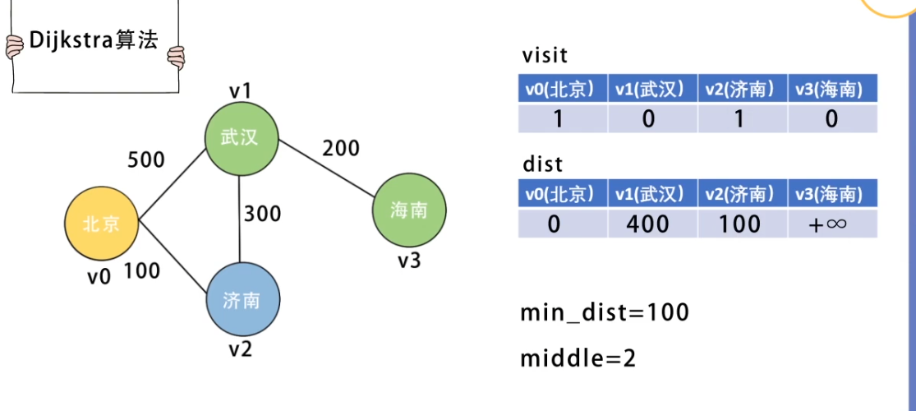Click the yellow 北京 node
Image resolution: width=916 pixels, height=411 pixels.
(x=102, y=224)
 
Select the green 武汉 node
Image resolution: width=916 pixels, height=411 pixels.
(x=240, y=137)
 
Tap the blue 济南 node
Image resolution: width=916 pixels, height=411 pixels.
(x=241, y=300)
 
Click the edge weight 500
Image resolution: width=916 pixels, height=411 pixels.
(x=145, y=159)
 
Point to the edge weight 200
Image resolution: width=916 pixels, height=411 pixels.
(x=340, y=148)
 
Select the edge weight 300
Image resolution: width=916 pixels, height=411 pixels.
(x=262, y=214)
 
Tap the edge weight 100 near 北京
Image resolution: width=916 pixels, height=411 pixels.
(x=141, y=270)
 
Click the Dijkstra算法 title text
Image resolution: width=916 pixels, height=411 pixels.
(x=93, y=40)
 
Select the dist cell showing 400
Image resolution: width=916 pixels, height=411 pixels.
(x=648, y=223)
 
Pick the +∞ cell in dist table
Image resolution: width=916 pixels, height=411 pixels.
(x=831, y=224)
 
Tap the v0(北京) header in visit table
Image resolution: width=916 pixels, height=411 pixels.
(x=563, y=90)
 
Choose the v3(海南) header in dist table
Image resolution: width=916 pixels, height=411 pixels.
(x=831, y=194)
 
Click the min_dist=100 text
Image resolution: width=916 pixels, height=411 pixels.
(x=604, y=312)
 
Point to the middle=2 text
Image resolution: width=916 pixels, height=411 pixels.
(x=578, y=358)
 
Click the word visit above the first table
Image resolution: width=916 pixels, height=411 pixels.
(x=545, y=56)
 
